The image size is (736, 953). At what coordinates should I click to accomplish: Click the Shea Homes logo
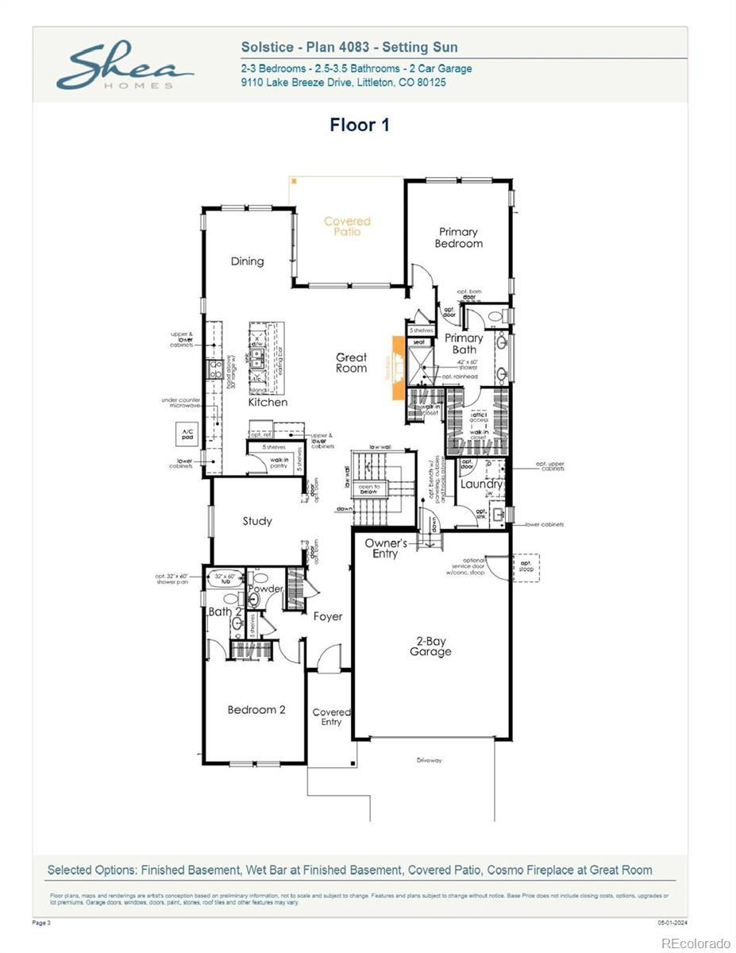pos(125,66)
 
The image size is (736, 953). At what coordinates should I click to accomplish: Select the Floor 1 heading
pos(360,125)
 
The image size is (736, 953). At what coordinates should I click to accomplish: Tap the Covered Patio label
pos(347,226)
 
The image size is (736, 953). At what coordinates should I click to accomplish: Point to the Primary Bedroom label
pos(458,237)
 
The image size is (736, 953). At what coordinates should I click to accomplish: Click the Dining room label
pos(247,261)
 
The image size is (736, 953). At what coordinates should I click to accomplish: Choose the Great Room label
pos(351,363)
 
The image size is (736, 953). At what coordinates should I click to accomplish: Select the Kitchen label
pos(268,402)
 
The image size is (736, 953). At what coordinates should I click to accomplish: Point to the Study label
pos(257,521)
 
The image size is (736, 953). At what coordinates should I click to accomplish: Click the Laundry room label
pos(481,484)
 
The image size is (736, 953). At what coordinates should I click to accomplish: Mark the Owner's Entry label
pos(385,548)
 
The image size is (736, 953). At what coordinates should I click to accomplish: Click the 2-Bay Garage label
pos(430,646)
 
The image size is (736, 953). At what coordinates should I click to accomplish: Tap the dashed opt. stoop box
pos(526,568)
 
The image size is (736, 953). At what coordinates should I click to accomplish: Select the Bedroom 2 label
pos(256,709)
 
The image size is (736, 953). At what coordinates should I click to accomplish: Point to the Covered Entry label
pos(331,717)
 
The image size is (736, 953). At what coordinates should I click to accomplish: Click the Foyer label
pos(328,616)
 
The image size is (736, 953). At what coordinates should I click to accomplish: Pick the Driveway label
pos(429,760)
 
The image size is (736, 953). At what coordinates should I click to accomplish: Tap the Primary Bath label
pos(464,344)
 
